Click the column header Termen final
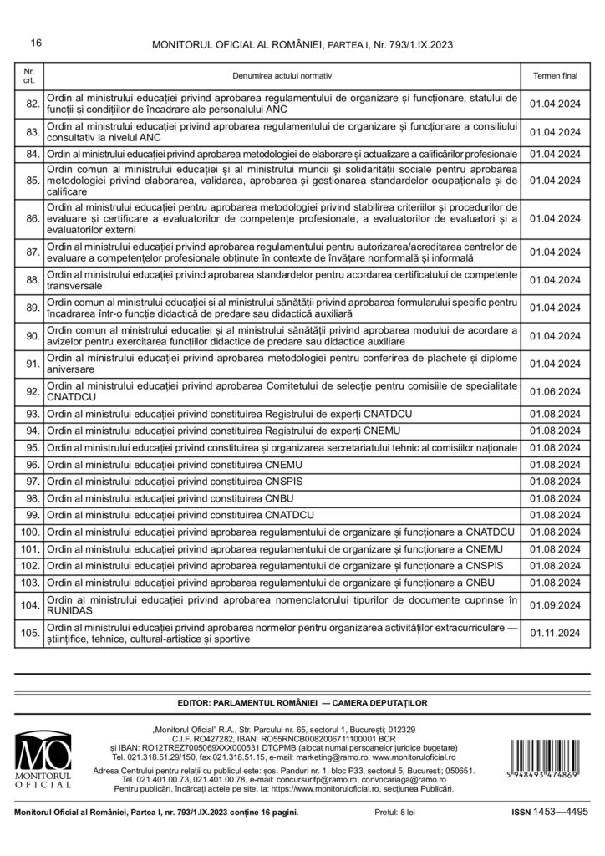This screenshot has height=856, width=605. pos(555,75)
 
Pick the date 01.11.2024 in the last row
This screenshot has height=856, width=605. pos(555,633)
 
